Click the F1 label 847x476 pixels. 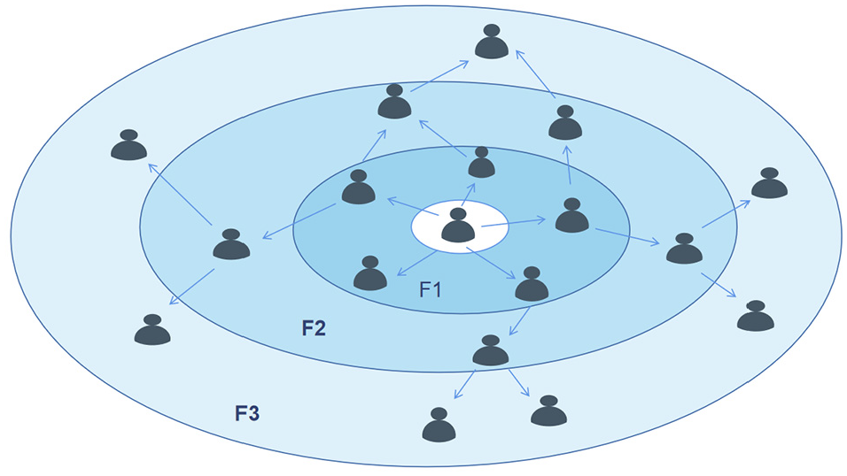click(x=432, y=288)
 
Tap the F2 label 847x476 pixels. click(x=314, y=328)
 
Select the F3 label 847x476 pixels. click(x=247, y=412)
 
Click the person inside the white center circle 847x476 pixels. click(x=458, y=226)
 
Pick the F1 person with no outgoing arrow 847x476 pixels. click(x=370, y=274)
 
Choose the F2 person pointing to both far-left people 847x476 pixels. click(x=231, y=245)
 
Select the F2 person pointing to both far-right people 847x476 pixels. click(x=684, y=250)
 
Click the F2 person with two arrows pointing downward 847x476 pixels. click(x=490, y=352)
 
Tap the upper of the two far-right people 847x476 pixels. click(x=769, y=183)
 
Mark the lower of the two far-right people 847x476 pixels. click(x=755, y=316)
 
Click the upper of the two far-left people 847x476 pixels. click(x=129, y=146)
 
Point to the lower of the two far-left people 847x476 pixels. click(x=152, y=330)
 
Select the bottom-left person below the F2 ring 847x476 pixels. click(x=439, y=426)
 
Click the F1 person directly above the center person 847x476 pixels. click(x=481, y=164)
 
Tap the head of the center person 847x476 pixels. click(x=458, y=215)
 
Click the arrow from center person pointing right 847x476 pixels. click(x=515, y=221)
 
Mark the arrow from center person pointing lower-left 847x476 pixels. click(x=415, y=263)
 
